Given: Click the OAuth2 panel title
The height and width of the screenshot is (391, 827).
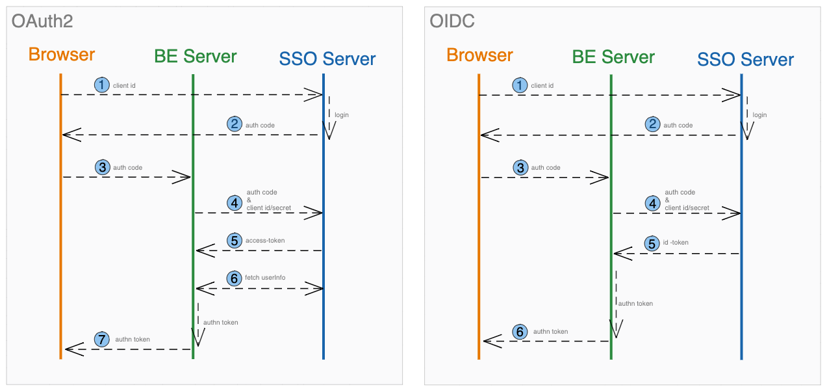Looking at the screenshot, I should point(42,21).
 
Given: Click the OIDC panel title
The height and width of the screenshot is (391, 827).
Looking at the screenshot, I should point(452,21).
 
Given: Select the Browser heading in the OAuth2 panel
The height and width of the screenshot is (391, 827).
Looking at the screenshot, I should point(62,55).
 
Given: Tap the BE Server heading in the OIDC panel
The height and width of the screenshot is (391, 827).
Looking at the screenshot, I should point(613,57).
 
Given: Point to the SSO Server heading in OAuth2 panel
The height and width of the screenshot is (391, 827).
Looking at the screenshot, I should point(327,59).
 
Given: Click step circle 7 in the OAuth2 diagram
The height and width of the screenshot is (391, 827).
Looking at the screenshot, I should point(101,339).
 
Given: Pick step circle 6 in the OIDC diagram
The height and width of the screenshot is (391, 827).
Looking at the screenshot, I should point(520,332).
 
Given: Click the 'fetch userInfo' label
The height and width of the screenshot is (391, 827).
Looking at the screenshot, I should point(265,278).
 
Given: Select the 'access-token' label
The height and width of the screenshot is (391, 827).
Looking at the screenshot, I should point(265,240).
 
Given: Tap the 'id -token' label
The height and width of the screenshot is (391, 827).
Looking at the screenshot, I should point(676,243).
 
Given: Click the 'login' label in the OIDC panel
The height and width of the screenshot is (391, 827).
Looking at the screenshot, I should point(759,115).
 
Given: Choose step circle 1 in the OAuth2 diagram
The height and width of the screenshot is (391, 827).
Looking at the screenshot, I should point(102,85).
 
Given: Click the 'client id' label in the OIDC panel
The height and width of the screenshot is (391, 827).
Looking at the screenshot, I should point(542,85).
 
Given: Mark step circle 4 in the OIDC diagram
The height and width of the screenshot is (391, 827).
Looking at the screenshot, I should point(652,203).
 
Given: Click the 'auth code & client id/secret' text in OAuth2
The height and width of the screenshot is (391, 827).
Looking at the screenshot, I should point(268,200).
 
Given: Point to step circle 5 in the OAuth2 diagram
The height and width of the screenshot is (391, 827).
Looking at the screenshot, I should point(235,240).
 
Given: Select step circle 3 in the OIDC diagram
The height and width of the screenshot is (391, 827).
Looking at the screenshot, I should point(520,168).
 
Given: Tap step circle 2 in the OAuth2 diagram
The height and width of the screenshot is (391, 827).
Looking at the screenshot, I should point(235,124).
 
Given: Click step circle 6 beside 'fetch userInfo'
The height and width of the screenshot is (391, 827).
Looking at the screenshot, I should point(234,278).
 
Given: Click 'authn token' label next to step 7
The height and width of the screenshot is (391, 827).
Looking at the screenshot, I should point(133,339).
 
